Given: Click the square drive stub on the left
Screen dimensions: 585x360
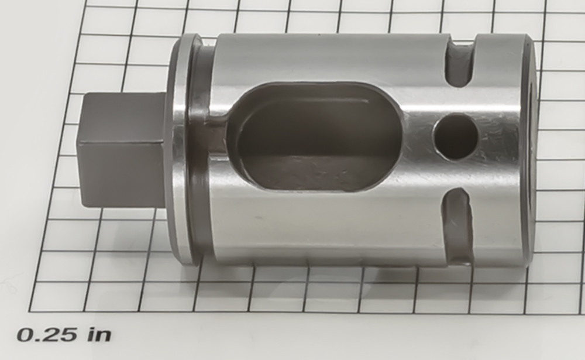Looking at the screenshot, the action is tap(122, 149).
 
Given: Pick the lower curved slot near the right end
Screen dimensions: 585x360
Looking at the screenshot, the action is tap(457, 225).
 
